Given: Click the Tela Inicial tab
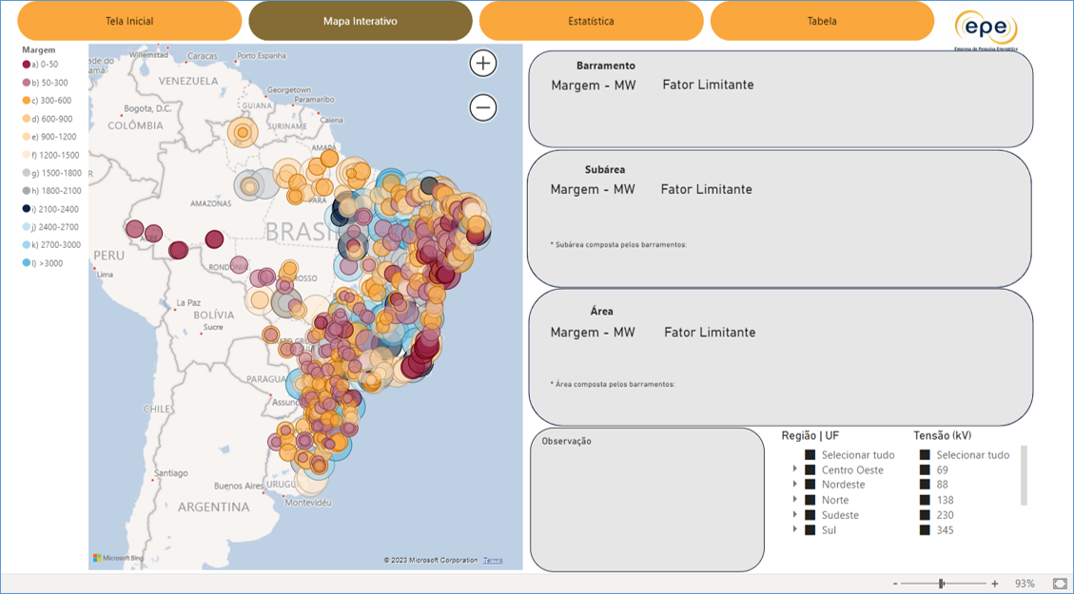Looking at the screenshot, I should point(129,21).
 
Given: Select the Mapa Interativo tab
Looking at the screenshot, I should point(360,21).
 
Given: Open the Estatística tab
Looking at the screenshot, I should point(591,21).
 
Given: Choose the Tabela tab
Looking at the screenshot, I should point(822,21).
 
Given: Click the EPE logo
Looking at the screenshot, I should point(986,27).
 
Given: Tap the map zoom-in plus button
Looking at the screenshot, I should point(483,64).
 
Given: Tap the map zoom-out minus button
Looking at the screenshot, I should point(483,107).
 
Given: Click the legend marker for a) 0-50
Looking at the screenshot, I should point(27,65).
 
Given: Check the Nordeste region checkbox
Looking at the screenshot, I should point(810,485).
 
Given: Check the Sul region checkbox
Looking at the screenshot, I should point(810,529).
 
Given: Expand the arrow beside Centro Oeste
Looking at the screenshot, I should point(795,469).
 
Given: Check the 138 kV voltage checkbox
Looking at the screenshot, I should point(925,500).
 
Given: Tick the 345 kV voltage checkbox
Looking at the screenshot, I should point(925,530).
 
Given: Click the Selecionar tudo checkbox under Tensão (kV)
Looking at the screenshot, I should point(925,455).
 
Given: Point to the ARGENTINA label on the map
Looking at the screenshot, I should point(213,507).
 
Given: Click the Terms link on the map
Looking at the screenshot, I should point(493,561).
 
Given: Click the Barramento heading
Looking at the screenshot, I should point(606,67).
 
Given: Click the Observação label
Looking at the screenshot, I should point(567,441).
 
